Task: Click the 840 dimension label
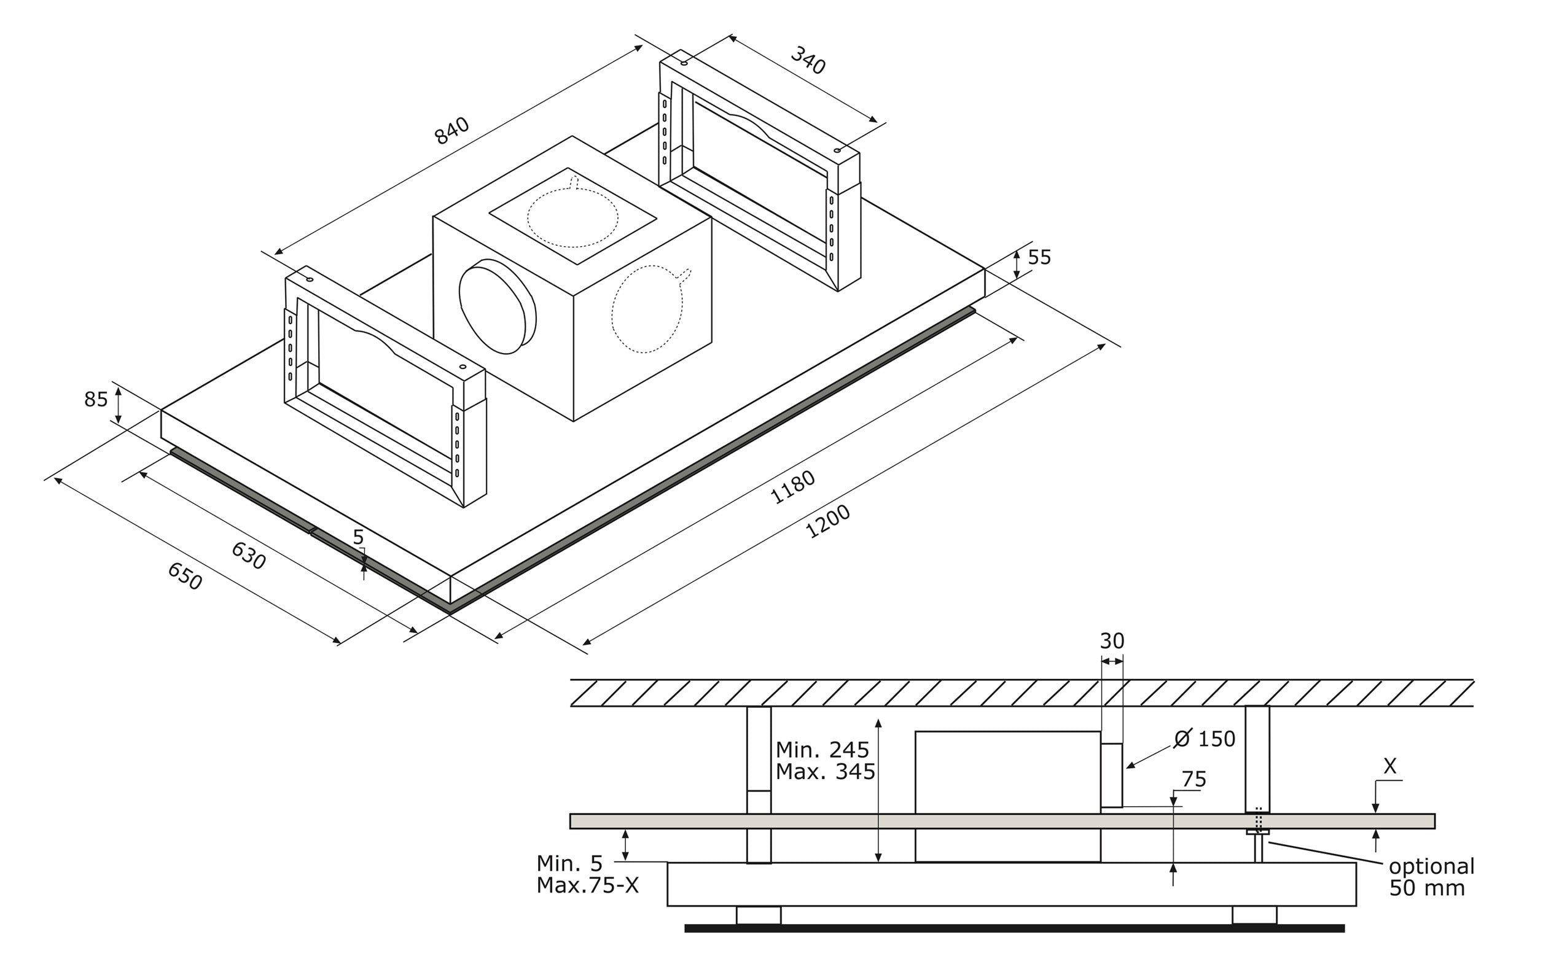[x=451, y=131]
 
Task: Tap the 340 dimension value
[x=807, y=61]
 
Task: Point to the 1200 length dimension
[x=827, y=521]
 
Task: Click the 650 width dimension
[x=185, y=575]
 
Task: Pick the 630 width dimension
[x=249, y=556]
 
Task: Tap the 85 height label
[x=96, y=400]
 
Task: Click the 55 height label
[x=1039, y=257]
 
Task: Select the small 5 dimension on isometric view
[x=358, y=537]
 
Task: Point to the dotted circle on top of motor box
[x=572, y=217]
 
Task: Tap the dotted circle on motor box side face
[x=647, y=309]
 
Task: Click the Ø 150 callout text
[x=1204, y=739]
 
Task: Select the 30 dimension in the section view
[x=1112, y=641]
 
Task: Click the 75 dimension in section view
[x=1193, y=779]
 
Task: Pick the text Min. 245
[x=822, y=749]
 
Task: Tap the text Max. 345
[x=825, y=771]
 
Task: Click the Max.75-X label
[x=588, y=885]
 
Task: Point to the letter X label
[x=1389, y=766]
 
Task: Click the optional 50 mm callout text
[x=1431, y=877]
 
